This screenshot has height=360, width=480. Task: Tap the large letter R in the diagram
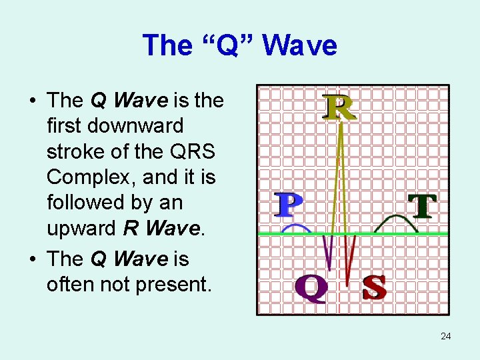[x=339, y=108]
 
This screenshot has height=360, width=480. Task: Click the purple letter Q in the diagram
[x=311, y=288]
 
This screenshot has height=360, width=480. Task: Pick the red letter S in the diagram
[x=374, y=287]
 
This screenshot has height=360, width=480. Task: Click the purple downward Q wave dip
[x=327, y=257]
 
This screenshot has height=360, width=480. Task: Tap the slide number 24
[x=446, y=336]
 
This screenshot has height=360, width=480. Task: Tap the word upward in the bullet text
[x=82, y=229]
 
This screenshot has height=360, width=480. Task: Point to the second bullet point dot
[x=32, y=259]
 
